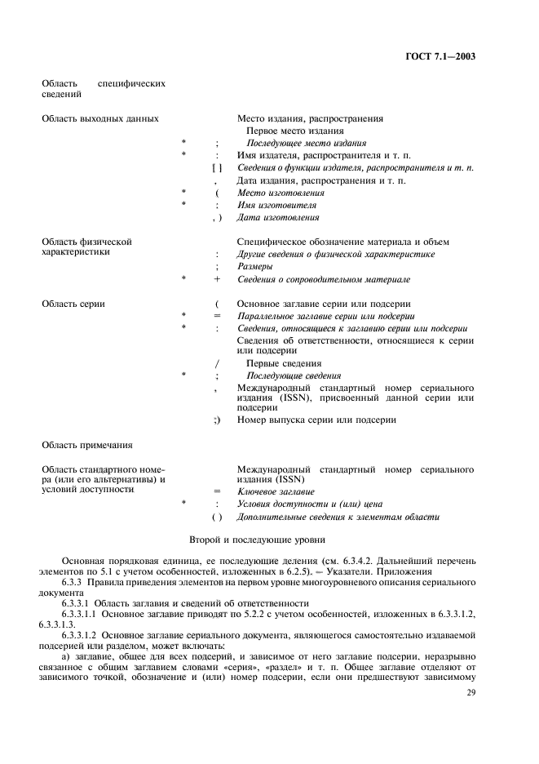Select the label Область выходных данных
tap(99, 118)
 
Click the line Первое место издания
tap(294, 131)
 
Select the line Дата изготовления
tap(278, 218)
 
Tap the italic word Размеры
tap(254, 267)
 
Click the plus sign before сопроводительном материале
tap(217, 279)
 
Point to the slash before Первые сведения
tap(217, 363)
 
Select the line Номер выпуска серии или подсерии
tap(316, 420)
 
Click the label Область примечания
tap(86, 445)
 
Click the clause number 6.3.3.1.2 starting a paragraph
tap(82, 633)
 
